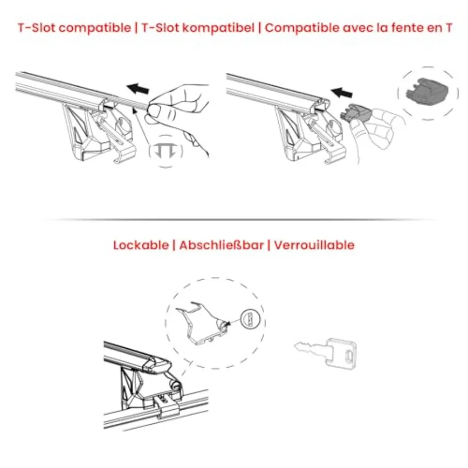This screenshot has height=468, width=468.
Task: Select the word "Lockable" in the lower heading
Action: point(140,245)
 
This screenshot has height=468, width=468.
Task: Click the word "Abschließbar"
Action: point(221,245)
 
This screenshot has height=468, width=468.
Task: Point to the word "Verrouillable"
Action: point(314,245)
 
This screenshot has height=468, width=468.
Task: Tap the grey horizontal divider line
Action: point(234,220)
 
